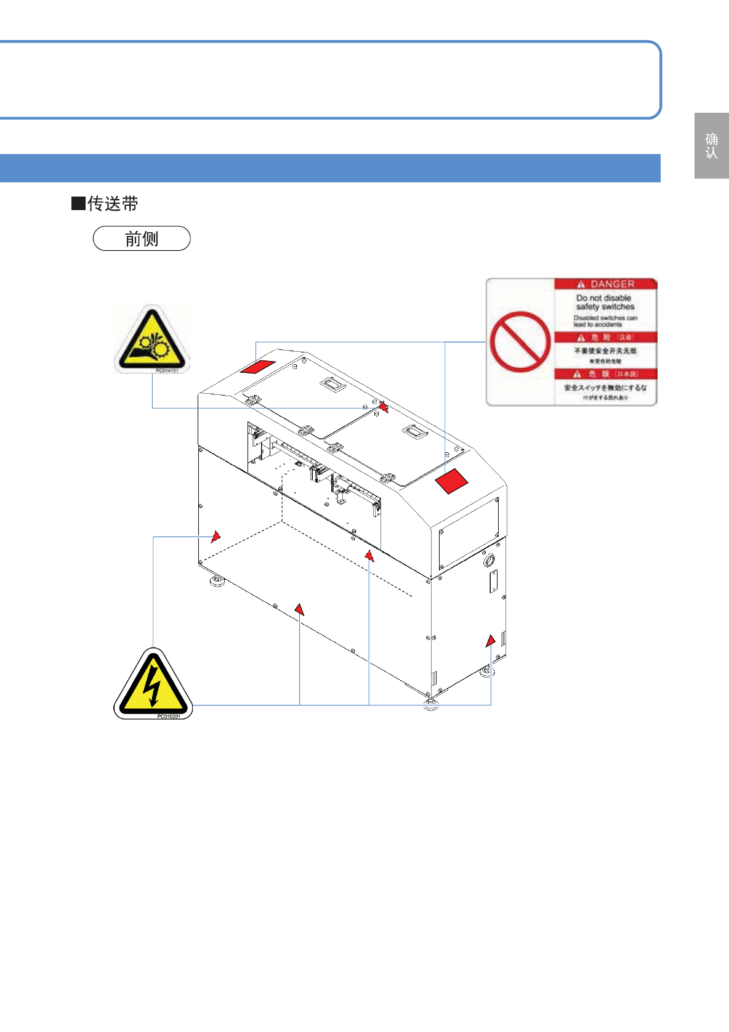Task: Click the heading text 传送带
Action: click(x=113, y=203)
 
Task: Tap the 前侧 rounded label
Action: click(x=142, y=238)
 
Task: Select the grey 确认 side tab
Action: click(x=712, y=146)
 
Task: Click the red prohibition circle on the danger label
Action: click(x=520, y=341)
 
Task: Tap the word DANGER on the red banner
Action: click(x=612, y=284)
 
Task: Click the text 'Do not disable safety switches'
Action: click(x=605, y=302)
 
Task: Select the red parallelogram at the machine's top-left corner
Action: click(x=258, y=366)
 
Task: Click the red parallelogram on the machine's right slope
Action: click(x=452, y=481)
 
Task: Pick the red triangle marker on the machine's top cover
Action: click(x=383, y=407)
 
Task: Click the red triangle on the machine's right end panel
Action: click(x=490, y=641)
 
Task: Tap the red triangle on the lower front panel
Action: click(x=299, y=609)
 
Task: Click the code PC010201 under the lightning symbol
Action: click(x=169, y=717)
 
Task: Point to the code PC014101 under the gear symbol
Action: click(x=167, y=371)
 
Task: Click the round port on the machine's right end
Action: click(x=489, y=561)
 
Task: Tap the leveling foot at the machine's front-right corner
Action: click(x=431, y=705)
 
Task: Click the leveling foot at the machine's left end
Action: click(x=217, y=580)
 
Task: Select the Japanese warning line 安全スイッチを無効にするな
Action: click(x=605, y=388)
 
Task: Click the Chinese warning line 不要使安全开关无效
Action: click(x=605, y=351)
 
